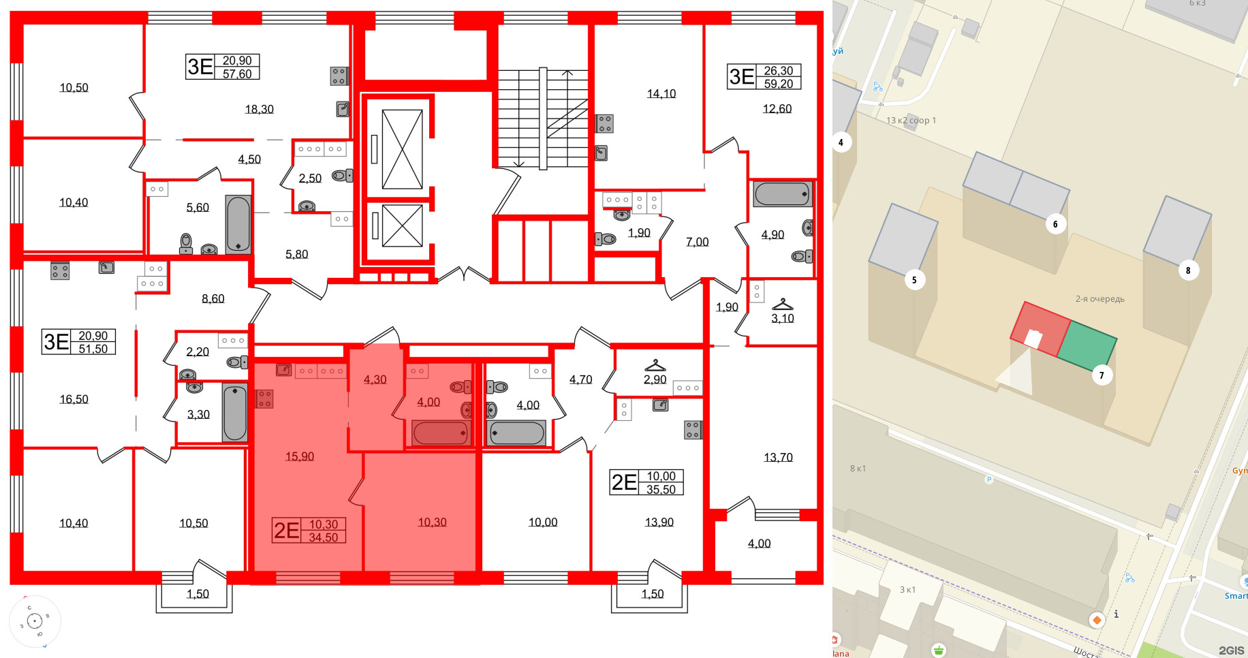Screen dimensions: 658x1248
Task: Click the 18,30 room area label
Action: click(259, 109)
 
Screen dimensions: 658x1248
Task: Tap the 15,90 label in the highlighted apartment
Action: click(299, 456)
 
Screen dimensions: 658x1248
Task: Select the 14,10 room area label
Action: click(661, 94)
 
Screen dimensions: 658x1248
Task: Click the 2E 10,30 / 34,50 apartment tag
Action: click(309, 530)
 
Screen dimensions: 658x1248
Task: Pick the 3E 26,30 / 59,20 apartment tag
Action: click(764, 77)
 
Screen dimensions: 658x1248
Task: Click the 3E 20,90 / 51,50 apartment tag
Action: click(79, 342)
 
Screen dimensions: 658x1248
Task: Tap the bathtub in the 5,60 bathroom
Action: click(238, 224)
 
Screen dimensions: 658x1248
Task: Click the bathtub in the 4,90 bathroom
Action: click(782, 194)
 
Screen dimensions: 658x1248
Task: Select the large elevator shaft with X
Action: click(402, 149)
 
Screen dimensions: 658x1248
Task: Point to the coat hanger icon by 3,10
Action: click(782, 304)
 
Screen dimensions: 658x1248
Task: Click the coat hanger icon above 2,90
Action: click(655, 366)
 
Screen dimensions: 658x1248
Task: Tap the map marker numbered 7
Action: click(1102, 375)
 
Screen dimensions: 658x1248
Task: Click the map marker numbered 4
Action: click(841, 142)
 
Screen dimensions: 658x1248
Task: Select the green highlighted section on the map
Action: click(1087, 345)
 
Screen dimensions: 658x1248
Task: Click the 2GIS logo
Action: click(1231, 651)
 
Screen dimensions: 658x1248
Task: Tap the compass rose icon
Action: click(35, 621)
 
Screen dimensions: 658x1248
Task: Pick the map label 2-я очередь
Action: click(1099, 299)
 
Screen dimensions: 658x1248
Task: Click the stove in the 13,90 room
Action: click(692, 430)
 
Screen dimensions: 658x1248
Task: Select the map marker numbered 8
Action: click(1188, 270)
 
